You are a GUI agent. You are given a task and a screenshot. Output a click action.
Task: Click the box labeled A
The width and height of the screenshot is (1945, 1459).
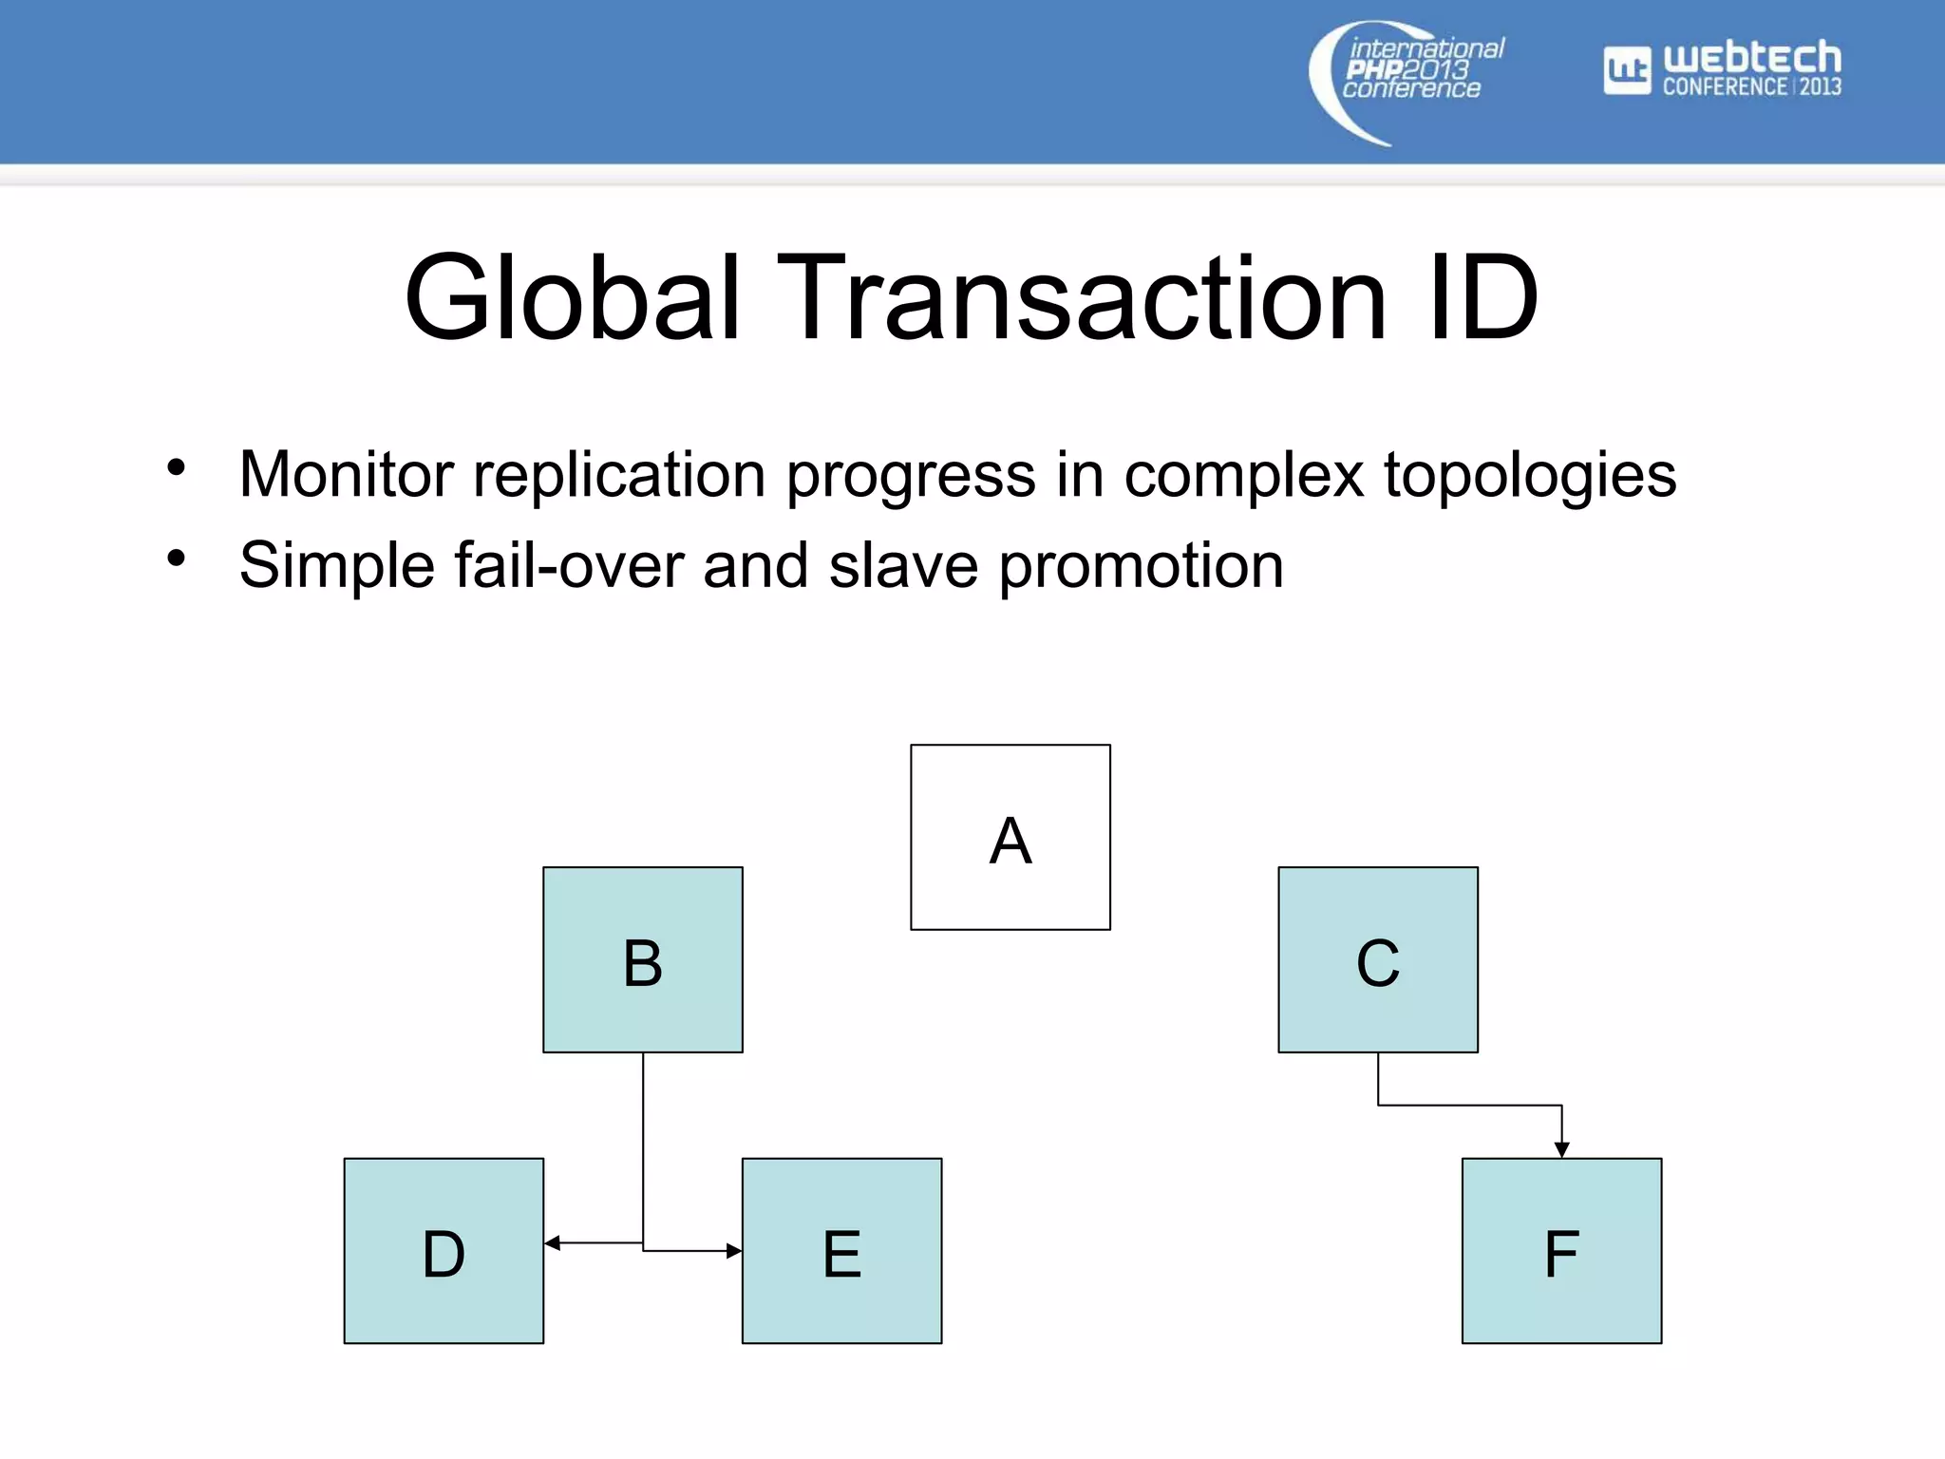(x=1010, y=837)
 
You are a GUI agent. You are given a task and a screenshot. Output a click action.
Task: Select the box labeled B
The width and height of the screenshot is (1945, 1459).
(x=642, y=959)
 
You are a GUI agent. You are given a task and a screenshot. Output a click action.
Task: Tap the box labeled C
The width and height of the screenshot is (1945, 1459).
(x=1377, y=959)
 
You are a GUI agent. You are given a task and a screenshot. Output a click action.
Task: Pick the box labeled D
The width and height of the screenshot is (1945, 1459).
(x=444, y=1250)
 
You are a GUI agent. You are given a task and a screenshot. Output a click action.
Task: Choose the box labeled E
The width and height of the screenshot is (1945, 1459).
(x=841, y=1250)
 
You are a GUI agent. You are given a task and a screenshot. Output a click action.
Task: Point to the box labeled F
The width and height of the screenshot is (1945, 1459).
(x=1561, y=1250)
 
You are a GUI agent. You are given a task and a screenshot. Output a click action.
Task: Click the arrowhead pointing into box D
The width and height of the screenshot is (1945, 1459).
(x=553, y=1242)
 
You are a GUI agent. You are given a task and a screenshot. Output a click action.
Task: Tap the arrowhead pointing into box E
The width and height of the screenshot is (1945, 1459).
(x=733, y=1251)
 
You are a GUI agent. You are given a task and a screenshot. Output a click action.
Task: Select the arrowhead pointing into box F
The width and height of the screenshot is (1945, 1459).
(x=1561, y=1149)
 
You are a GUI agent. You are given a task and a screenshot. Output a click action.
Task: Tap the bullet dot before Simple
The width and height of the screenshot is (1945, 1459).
(x=176, y=559)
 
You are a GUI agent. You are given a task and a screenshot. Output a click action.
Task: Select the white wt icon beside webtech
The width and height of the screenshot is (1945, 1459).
(x=1627, y=70)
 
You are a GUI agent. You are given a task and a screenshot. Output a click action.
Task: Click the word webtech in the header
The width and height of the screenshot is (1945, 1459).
(x=1752, y=58)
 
